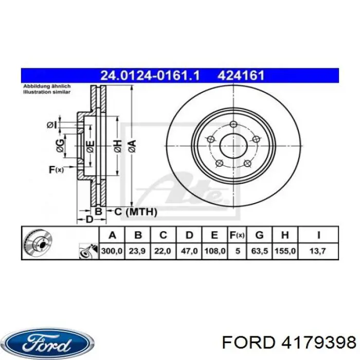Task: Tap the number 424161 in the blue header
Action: point(241,76)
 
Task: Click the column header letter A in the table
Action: point(113,236)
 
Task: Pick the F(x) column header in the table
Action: point(237,236)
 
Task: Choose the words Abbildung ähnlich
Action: point(44,86)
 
